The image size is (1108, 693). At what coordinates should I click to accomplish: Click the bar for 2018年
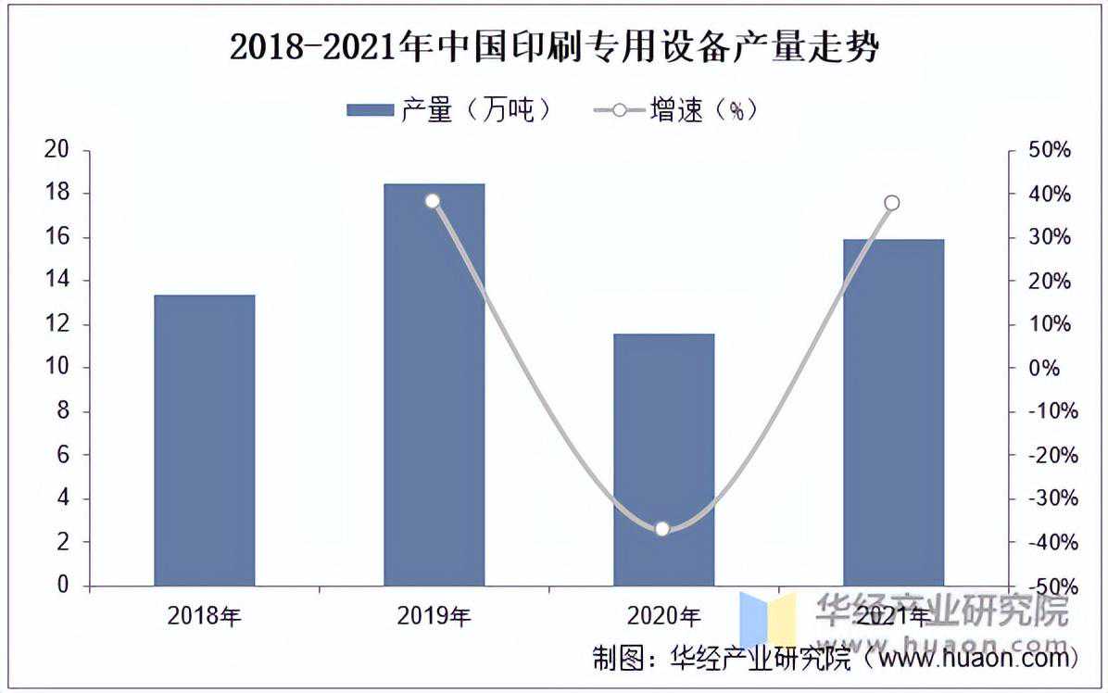click(204, 440)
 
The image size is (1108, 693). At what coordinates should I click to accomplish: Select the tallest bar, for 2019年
click(434, 384)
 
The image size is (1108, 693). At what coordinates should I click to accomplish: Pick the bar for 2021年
click(893, 412)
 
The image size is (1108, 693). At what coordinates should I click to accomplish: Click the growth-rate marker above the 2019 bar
click(432, 201)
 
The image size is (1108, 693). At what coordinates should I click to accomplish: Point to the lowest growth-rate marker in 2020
click(662, 529)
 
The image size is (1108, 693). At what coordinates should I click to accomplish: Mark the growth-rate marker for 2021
click(892, 203)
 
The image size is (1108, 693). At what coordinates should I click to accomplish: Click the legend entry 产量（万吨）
click(450, 110)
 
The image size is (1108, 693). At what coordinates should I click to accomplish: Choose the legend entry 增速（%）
click(676, 110)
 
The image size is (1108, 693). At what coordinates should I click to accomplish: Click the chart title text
click(553, 47)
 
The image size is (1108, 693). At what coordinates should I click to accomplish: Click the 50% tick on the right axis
click(1051, 150)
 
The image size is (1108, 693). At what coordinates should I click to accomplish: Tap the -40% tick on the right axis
click(1051, 542)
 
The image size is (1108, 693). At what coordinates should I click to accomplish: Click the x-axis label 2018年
click(204, 616)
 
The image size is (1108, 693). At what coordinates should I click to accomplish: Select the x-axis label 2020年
click(663, 616)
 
